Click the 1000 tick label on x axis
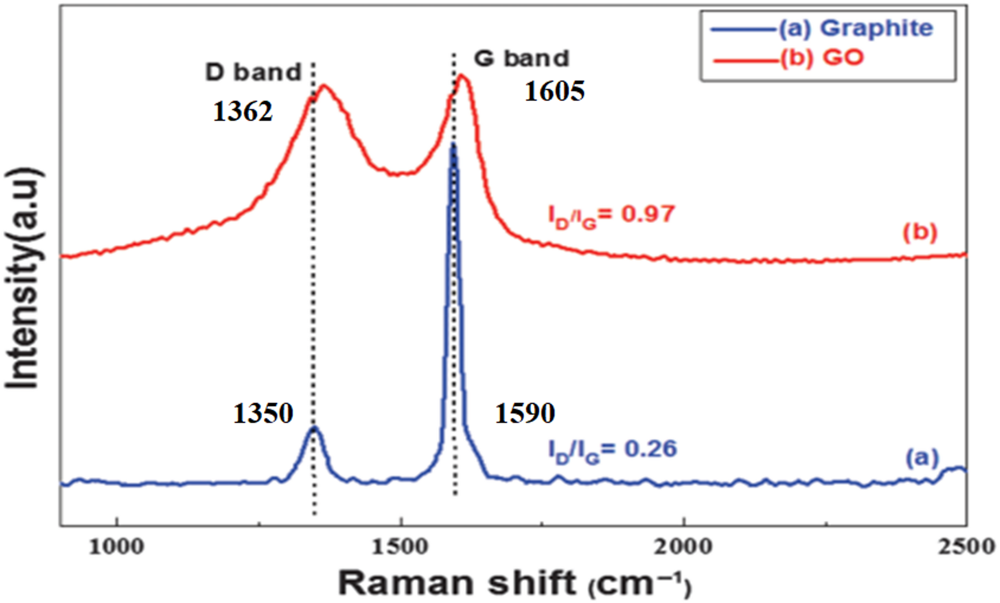(117, 547)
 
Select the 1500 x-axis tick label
(400, 547)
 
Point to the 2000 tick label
(683, 547)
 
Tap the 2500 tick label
(967, 547)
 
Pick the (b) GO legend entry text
(822, 58)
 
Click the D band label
(253, 73)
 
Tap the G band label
(521, 59)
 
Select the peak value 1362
(243, 111)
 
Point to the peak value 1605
(554, 91)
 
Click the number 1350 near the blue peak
(263, 413)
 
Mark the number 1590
(525, 413)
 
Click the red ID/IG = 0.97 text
(612, 216)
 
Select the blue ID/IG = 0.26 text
(613, 451)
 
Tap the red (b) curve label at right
(920, 233)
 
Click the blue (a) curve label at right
(922, 457)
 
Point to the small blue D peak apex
(314, 427)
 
